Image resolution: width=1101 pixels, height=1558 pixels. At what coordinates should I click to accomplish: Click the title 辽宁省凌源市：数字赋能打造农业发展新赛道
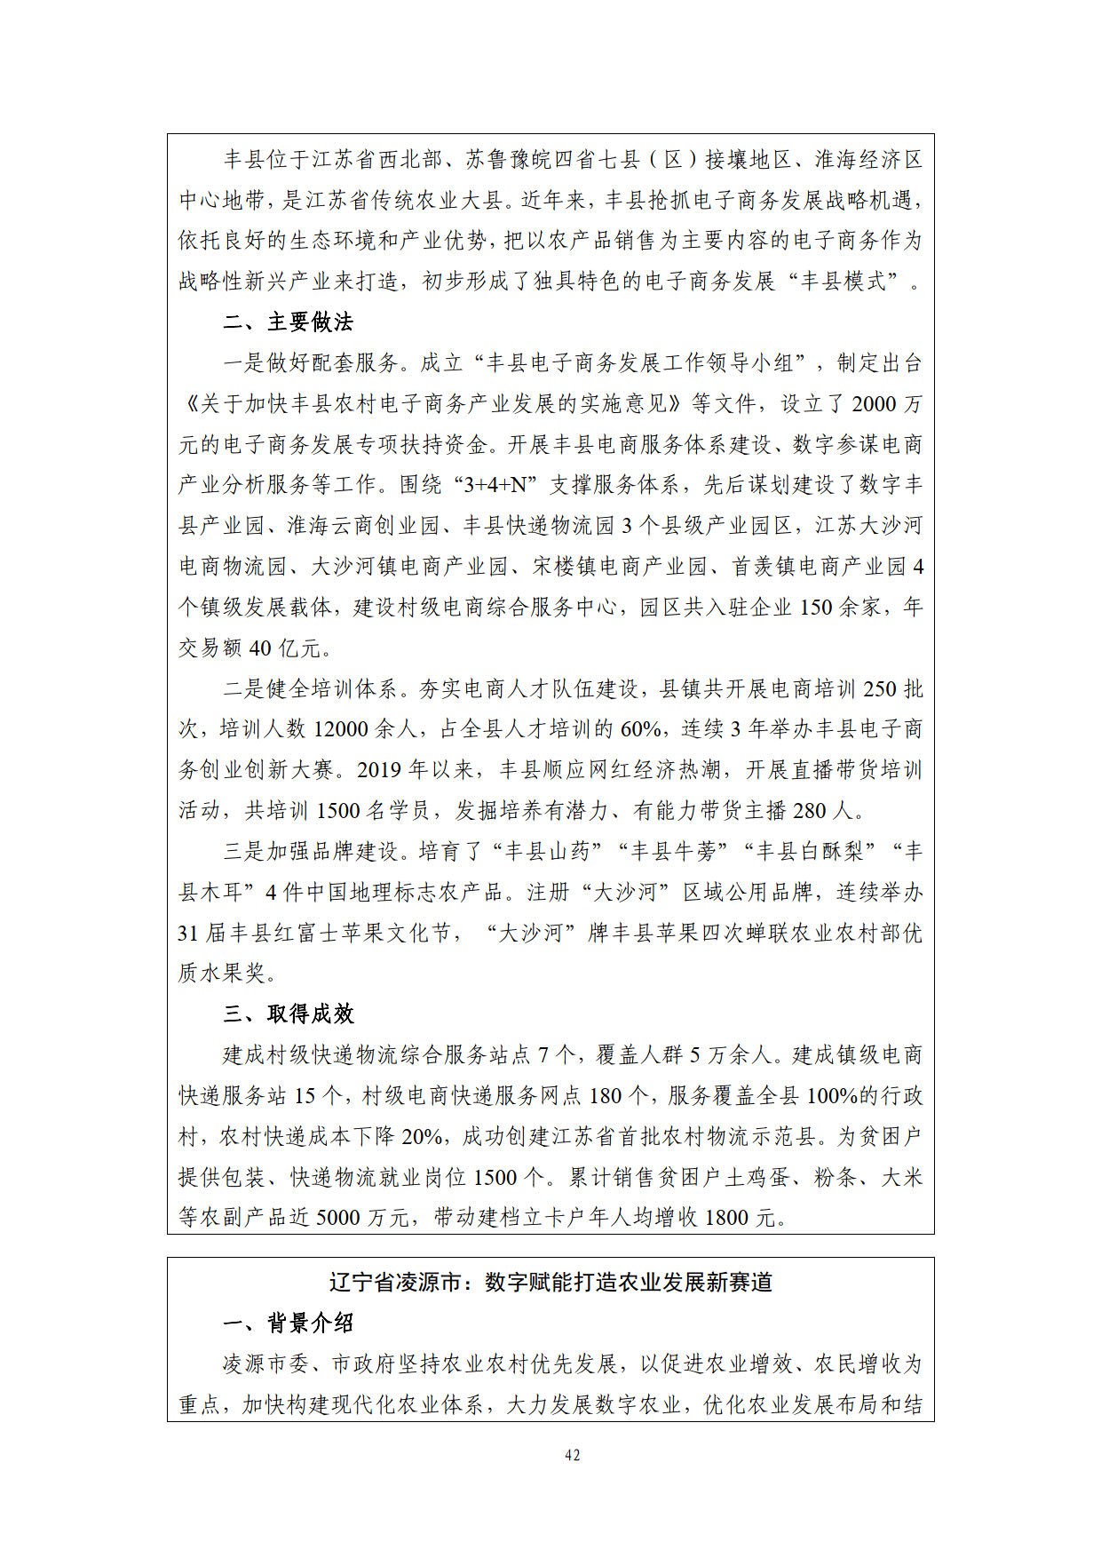pos(550,1283)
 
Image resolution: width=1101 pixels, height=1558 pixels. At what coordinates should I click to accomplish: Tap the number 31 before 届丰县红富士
pos(187,934)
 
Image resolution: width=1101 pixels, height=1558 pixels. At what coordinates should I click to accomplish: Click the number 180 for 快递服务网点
pos(606,1095)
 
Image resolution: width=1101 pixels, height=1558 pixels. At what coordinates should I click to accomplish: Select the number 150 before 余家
pos(816,608)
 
